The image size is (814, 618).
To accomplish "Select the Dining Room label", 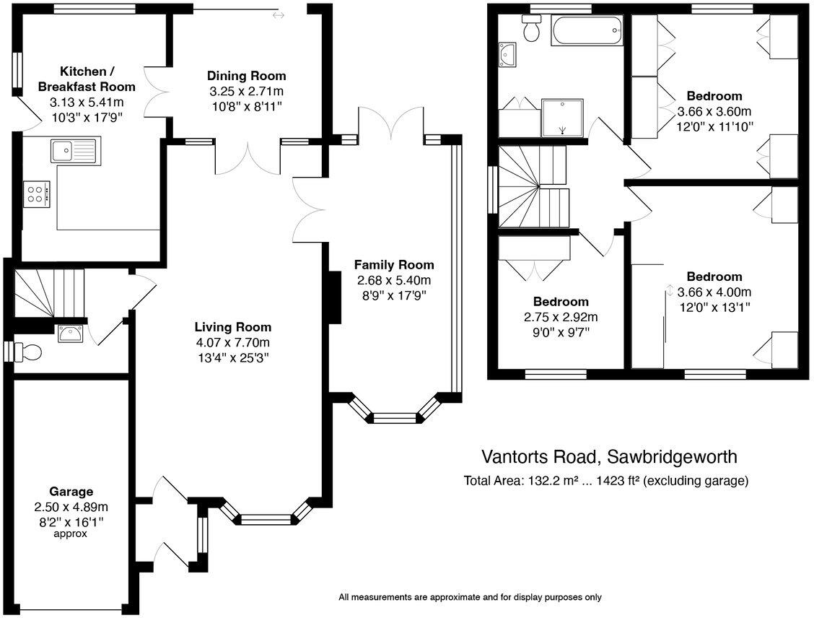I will tap(246, 76).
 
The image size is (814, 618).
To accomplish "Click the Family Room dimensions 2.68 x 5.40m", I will tap(393, 280).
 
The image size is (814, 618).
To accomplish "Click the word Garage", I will tap(71, 492).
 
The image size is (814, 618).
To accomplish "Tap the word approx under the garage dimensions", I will tap(71, 534).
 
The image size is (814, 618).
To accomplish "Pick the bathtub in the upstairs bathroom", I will tap(587, 32).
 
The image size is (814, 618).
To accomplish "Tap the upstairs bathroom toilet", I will tap(533, 30).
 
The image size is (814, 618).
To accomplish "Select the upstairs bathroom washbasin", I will tap(508, 54).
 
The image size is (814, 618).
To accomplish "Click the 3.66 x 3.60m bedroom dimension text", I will tap(714, 112).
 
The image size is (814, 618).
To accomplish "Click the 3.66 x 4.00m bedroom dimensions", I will tap(714, 292).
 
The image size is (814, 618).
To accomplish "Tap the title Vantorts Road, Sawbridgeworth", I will tap(610, 457).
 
